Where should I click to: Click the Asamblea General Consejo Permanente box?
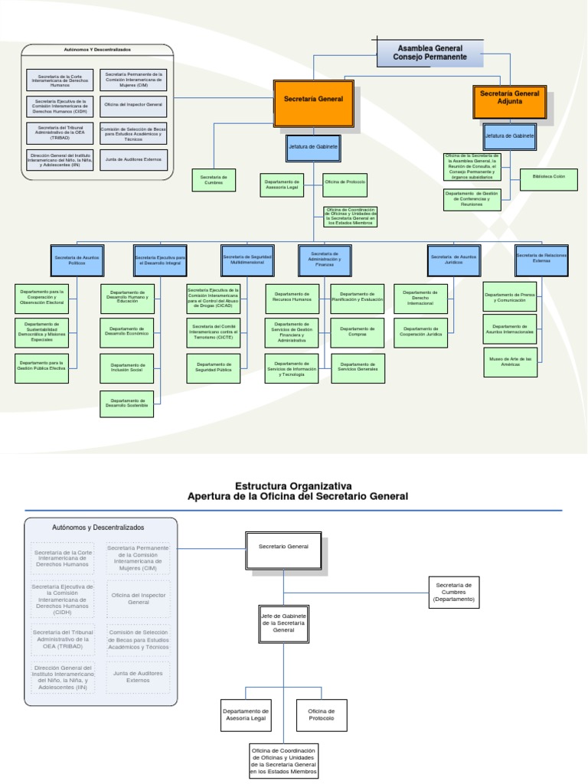pyautogui.click(x=430, y=52)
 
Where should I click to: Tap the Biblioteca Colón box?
pyautogui.click(x=548, y=179)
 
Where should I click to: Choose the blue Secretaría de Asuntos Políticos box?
pyautogui.click(x=76, y=260)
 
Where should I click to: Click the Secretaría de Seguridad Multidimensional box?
pyautogui.click(x=247, y=260)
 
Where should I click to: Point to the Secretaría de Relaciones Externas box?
pyautogui.click(x=541, y=259)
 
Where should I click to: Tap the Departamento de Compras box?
pyautogui.click(x=357, y=333)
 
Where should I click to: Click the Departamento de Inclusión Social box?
pyautogui.click(x=126, y=368)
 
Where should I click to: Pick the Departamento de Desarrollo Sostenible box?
pyautogui.click(x=126, y=403)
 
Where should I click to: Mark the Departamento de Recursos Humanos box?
pyautogui.click(x=292, y=298)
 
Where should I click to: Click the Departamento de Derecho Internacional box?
pyautogui.click(x=420, y=298)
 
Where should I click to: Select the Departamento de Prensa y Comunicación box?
pyautogui.click(x=509, y=297)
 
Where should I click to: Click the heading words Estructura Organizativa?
pyautogui.click(x=293, y=485)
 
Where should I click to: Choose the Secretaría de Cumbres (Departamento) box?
pyautogui.click(x=454, y=592)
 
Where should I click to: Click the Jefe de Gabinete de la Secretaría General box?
pyautogui.click(x=283, y=622)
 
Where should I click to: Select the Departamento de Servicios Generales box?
pyautogui.click(x=357, y=368)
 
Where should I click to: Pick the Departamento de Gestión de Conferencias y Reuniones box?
pyautogui.click(x=472, y=199)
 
